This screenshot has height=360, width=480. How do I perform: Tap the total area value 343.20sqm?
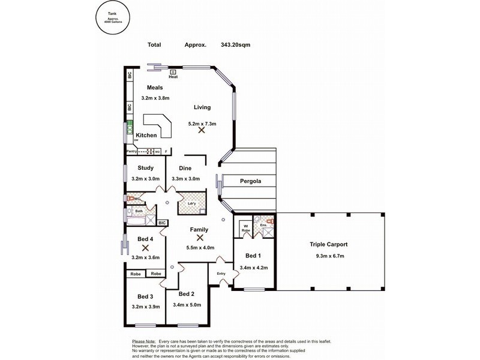pyautogui.click(x=235, y=44)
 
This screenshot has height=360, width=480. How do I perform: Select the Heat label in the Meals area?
pyautogui.click(x=173, y=77)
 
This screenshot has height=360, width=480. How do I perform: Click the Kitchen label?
pyautogui.click(x=146, y=136)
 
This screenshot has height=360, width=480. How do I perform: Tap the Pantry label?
pyautogui.click(x=132, y=152)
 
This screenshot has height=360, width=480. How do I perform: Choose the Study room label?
pyautogui.click(x=146, y=168)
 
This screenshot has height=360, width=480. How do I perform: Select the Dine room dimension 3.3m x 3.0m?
pyautogui.click(x=185, y=179)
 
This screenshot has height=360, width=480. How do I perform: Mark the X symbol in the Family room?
pyautogui.click(x=200, y=238)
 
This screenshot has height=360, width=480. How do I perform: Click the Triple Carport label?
pyautogui.click(x=329, y=245)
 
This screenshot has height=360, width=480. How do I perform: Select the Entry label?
pyautogui.click(x=220, y=274)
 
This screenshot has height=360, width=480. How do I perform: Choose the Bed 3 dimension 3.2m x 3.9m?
pyautogui.click(x=146, y=307)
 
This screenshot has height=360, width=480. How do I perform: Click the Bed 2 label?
pyautogui.click(x=187, y=294)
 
